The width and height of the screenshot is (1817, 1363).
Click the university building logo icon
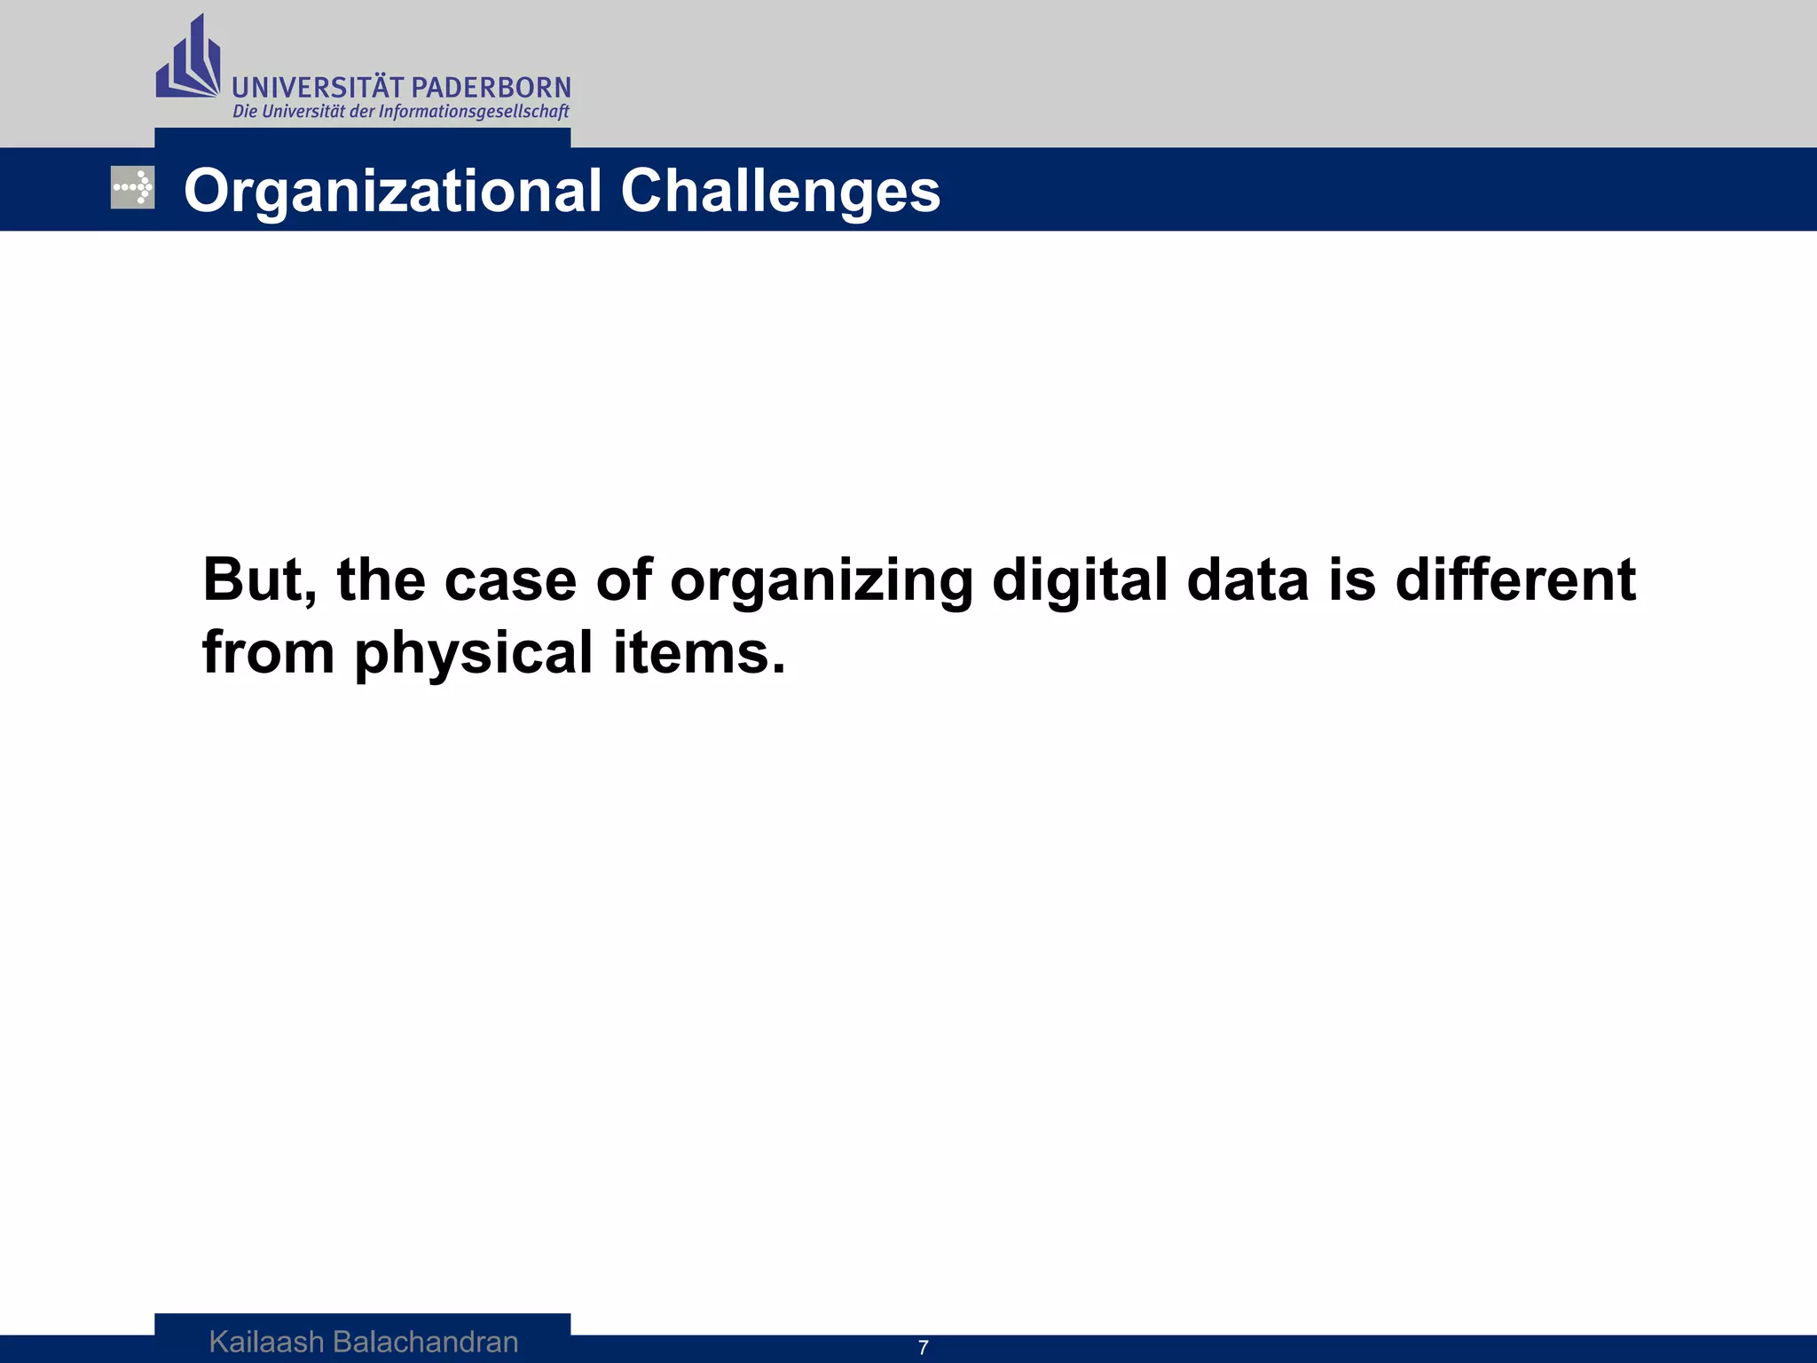pos(188,59)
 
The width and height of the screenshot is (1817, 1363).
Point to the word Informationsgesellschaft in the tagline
pos(474,112)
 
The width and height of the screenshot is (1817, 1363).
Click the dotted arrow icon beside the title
pos(132,188)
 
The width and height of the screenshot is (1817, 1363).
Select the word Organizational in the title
pos(392,191)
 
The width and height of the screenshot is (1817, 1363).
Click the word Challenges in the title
pos(780,191)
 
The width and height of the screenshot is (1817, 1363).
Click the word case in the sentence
pos(510,580)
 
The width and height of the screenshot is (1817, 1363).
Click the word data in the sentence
pos(1247,580)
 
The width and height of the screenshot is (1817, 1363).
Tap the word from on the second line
pos(268,653)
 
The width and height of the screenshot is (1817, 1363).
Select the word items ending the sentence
pos(697,653)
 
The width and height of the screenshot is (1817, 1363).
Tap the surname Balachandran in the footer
pos(425,1342)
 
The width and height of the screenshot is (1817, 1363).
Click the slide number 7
pos(923,1348)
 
